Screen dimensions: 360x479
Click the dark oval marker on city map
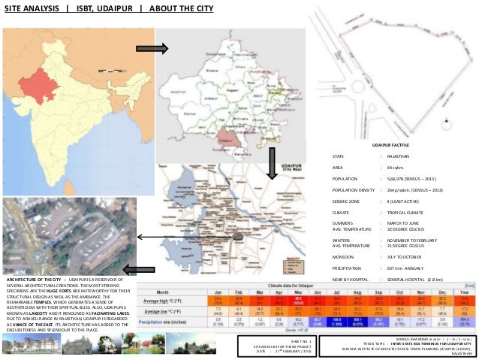click(238, 237)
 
